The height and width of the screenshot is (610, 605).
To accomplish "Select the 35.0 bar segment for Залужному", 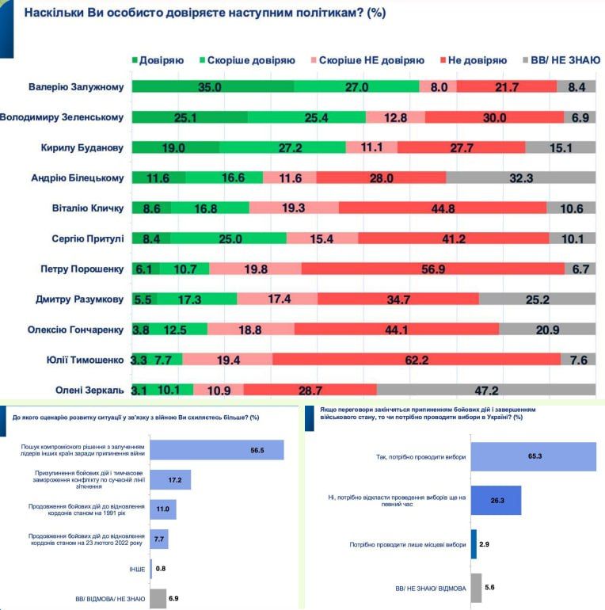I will click(212, 87).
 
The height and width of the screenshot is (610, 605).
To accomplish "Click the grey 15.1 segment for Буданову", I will click(559, 147).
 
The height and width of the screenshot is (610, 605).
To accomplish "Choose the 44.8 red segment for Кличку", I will click(442, 208).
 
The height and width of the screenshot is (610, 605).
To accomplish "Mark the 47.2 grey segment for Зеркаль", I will click(485, 390).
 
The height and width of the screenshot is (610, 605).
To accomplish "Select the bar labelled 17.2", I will click(169, 480).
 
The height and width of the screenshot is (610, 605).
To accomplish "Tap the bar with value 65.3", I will click(533, 457).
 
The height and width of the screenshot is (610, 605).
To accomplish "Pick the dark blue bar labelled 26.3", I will click(496, 501).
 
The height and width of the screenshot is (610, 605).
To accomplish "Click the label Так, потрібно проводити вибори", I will click(421, 457).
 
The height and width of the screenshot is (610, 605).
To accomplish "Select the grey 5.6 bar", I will click(476, 588).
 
